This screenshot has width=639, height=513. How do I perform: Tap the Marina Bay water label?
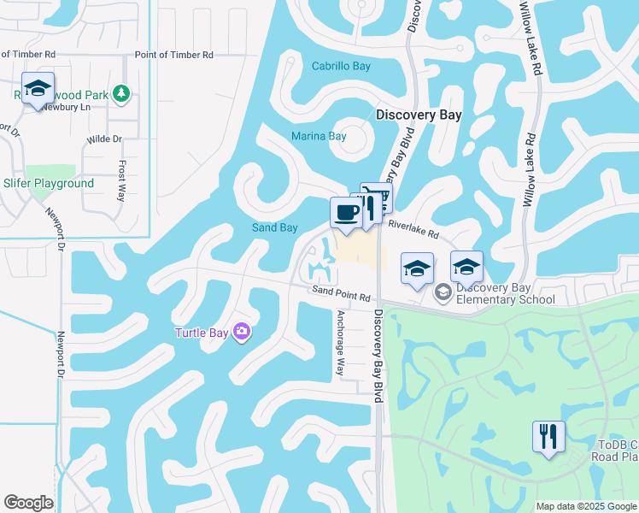[x=319, y=136]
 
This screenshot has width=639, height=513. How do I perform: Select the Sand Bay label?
[x=274, y=227]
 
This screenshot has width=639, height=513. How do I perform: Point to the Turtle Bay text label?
[x=201, y=333]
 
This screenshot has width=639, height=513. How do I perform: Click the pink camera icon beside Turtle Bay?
[x=242, y=332]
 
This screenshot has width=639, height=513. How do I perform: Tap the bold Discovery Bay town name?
[x=419, y=115]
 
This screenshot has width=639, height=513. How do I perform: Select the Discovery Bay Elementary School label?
[x=506, y=293]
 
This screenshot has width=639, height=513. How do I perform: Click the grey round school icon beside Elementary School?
[x=443, y=293]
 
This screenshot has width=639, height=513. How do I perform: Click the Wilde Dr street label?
[x=104, y=139]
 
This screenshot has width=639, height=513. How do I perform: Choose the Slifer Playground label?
[x=49, y=184]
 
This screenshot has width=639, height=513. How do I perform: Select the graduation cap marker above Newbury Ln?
[x=38, y=89]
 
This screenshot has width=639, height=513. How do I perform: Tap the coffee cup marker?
[x=346, y=213]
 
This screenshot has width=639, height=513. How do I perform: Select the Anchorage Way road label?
[x=339, y=342]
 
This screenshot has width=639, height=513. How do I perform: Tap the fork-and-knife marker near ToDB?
[x=548, y=437]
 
